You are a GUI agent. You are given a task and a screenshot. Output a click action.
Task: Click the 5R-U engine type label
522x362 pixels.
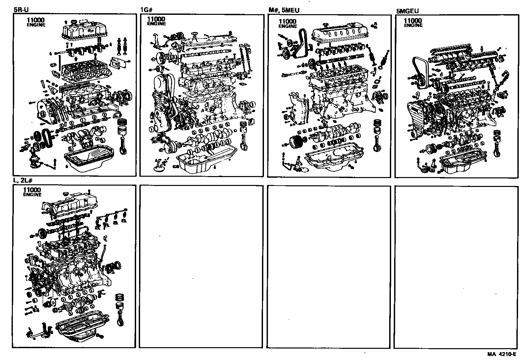tap(21, 10)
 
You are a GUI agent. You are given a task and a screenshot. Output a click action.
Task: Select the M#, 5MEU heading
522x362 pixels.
tap(284, 10)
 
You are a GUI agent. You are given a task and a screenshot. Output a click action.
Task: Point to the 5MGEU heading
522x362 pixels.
tap(407, 11)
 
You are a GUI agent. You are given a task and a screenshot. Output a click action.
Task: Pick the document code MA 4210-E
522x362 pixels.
tap(502, 355)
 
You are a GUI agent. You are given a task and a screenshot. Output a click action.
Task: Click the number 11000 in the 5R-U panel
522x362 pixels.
tap(36, 20)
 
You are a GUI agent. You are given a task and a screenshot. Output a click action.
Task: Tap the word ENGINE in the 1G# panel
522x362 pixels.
tap(157, 24)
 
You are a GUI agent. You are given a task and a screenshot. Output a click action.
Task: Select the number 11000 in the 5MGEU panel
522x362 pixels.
tap(413, 21)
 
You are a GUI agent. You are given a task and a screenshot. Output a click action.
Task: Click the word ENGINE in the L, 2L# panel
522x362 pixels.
tap(32, 195)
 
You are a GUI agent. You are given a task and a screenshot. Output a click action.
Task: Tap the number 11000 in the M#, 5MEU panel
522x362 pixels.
tap(287, 22)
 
